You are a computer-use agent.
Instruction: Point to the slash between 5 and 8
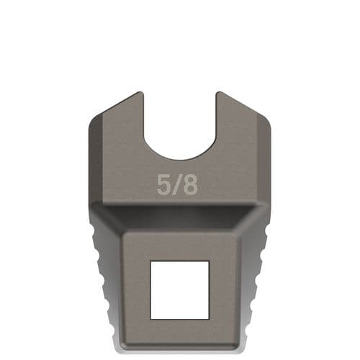176,184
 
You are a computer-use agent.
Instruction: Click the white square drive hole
179,289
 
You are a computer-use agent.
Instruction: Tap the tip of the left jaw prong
139,94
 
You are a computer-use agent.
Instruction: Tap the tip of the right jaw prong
220,94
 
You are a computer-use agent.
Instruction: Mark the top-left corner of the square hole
150,261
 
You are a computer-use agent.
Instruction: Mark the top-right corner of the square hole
209,261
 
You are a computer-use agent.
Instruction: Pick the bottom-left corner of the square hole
150,318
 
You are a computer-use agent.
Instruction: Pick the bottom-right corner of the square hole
209,318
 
